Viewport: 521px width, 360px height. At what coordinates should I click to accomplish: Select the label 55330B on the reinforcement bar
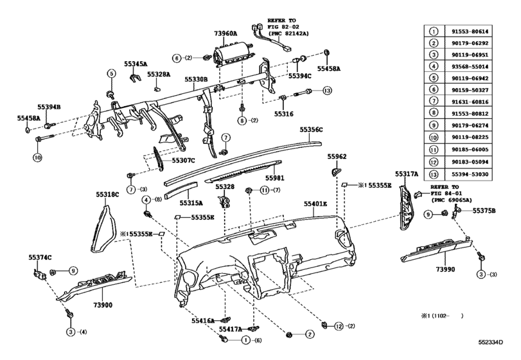click(x=196, y=80)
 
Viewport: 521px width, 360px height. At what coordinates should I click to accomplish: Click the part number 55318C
click(x=108, y=194)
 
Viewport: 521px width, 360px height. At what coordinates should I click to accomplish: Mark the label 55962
click(x=337, y=156)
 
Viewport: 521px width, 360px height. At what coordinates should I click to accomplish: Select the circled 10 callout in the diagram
click(x=38, y=157)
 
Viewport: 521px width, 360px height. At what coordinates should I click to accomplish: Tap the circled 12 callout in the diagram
click(x=339, y=327)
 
